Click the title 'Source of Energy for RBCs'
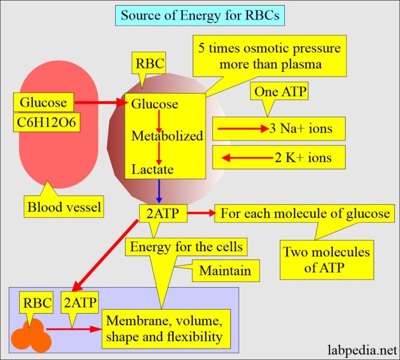pyautogui.click(x=199, y=15)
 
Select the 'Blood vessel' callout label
pyautogui.click(x=64, y=207)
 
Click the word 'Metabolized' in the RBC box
pyautogui.click(x=167, y=136)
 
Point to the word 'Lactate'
pyautogui.click(x=152, y=169)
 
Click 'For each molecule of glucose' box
pyautogui.click(x=305, y=214)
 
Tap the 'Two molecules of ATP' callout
pyautogui.click(x=326, y=260)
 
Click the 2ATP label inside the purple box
pyautogui.click(x=80, y=304)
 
